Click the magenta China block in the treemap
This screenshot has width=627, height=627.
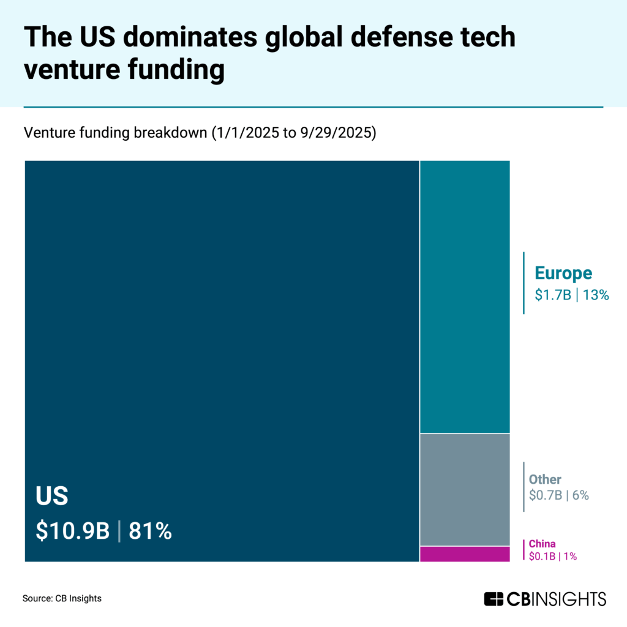[465, 554]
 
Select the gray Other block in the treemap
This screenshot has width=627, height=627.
[465, 489]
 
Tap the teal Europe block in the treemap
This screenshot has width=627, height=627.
[465, 297]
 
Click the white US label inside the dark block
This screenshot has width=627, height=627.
[51, 497]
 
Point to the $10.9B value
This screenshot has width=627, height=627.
[72, 531]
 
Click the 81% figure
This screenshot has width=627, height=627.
[150, 531]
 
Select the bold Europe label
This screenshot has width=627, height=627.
[563, 273]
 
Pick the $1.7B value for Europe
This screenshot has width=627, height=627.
[553, 295]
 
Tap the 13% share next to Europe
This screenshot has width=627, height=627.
[596, 295]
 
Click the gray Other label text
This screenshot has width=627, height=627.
[545, 479]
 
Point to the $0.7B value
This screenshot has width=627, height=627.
[546, 495]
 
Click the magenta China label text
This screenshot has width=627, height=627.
[543, 544]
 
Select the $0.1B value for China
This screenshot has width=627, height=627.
[542, 556]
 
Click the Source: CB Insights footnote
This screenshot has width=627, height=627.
[62, 598]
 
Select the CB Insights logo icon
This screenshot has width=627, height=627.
[494, 598]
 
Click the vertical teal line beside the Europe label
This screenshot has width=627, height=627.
[524, 283]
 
